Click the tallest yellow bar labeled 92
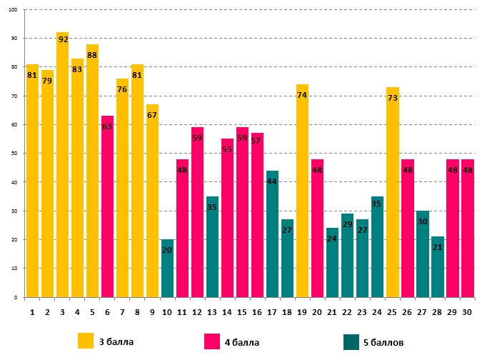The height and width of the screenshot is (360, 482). point(62,164)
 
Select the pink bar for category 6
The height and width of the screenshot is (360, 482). point(107,206)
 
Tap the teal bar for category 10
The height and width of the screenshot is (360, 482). point(167,268)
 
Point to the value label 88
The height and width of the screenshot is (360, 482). point(92,55)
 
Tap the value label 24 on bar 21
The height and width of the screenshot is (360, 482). point(333,239)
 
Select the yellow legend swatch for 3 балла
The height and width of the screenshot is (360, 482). point(86,341)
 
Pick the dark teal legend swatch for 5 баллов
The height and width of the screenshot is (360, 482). point(351,341)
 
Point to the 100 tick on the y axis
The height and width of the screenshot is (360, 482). point(18,10)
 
